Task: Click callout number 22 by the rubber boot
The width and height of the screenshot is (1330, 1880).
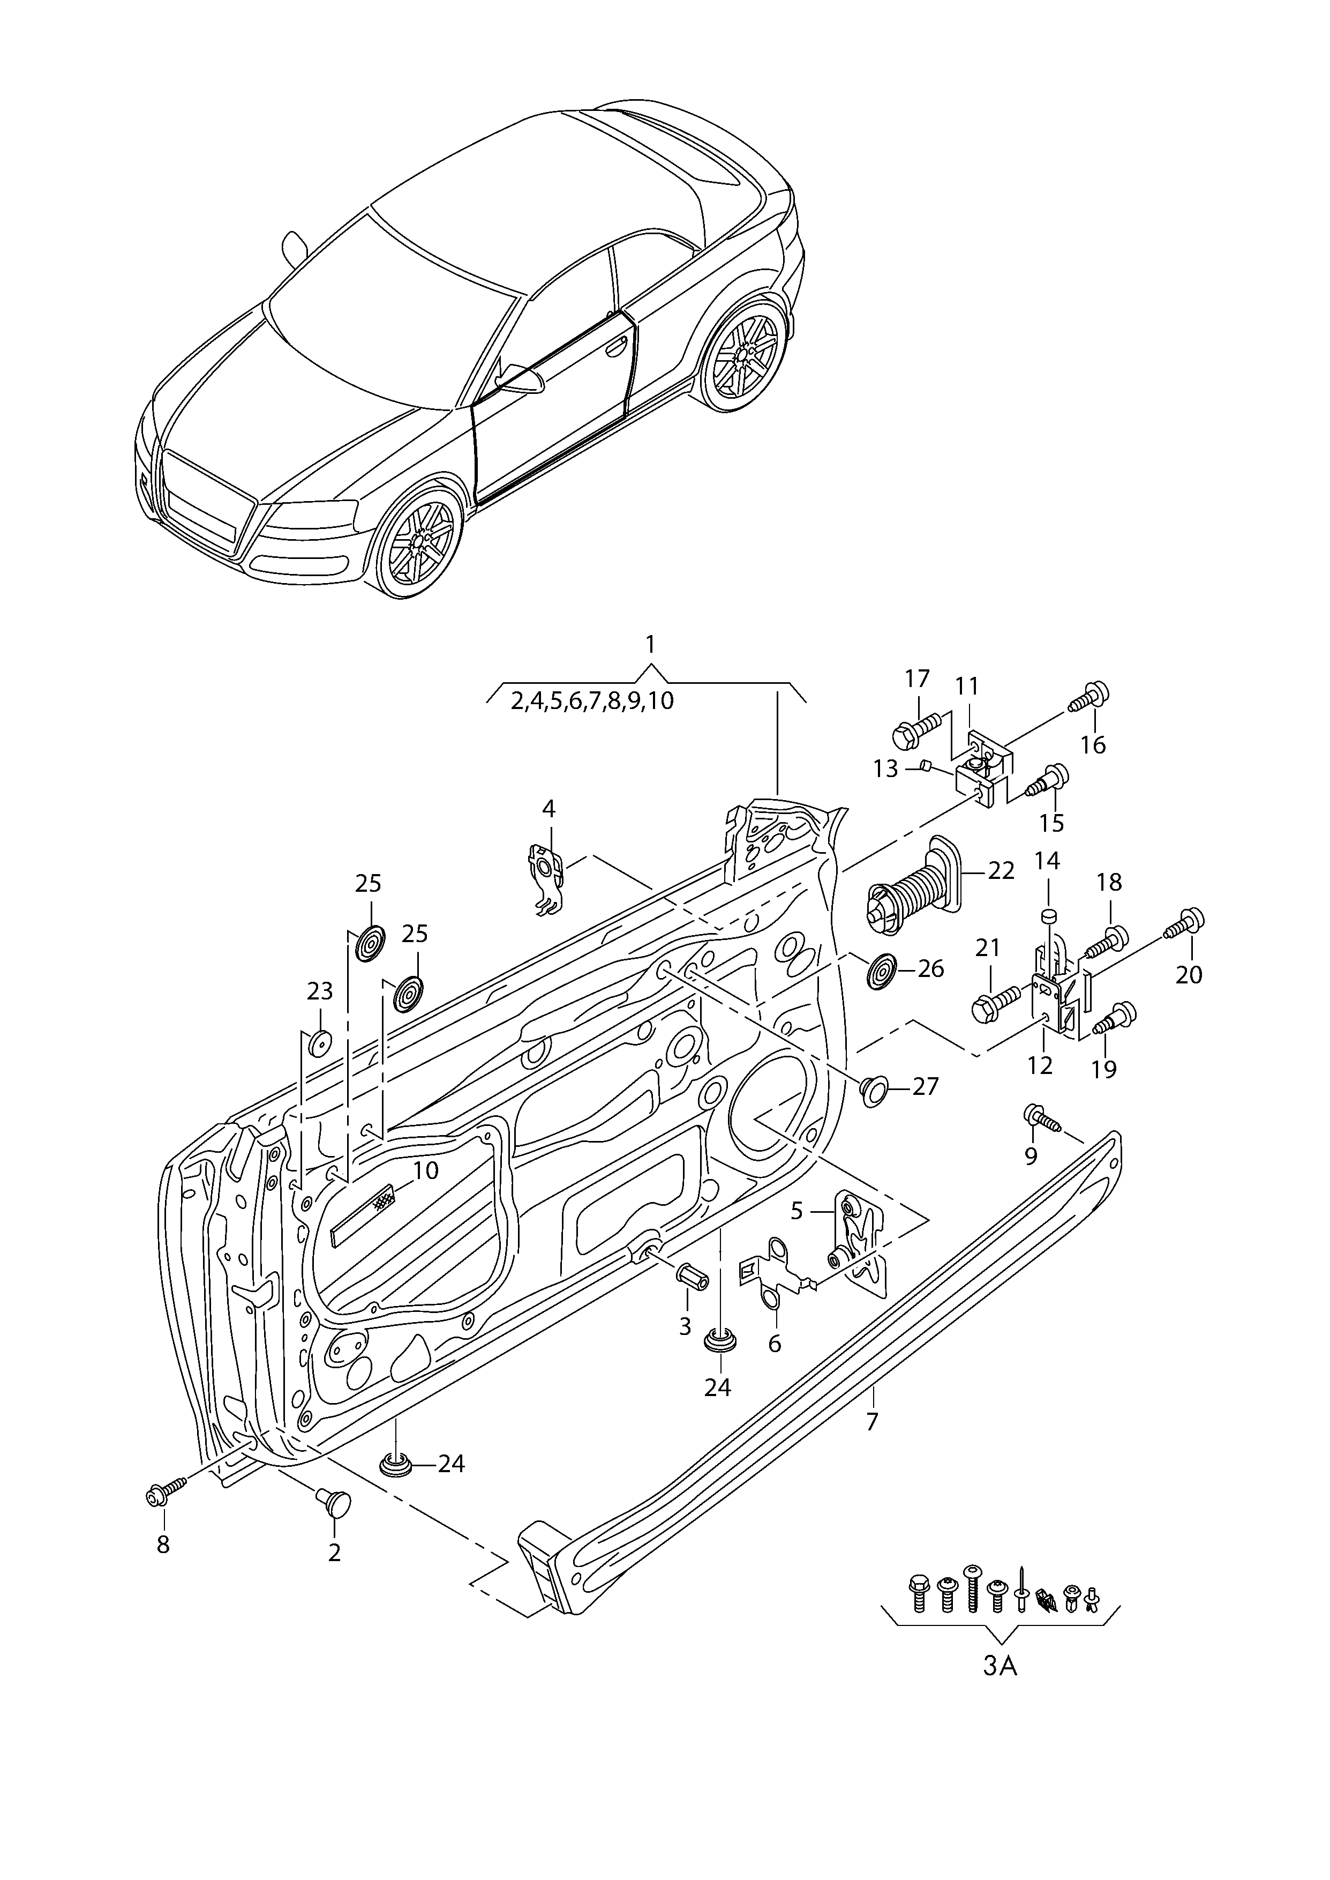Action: (1001, 870)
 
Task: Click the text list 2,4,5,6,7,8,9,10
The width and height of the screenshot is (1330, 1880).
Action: (592, 701)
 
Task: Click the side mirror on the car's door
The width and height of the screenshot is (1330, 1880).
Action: (520, 379)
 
